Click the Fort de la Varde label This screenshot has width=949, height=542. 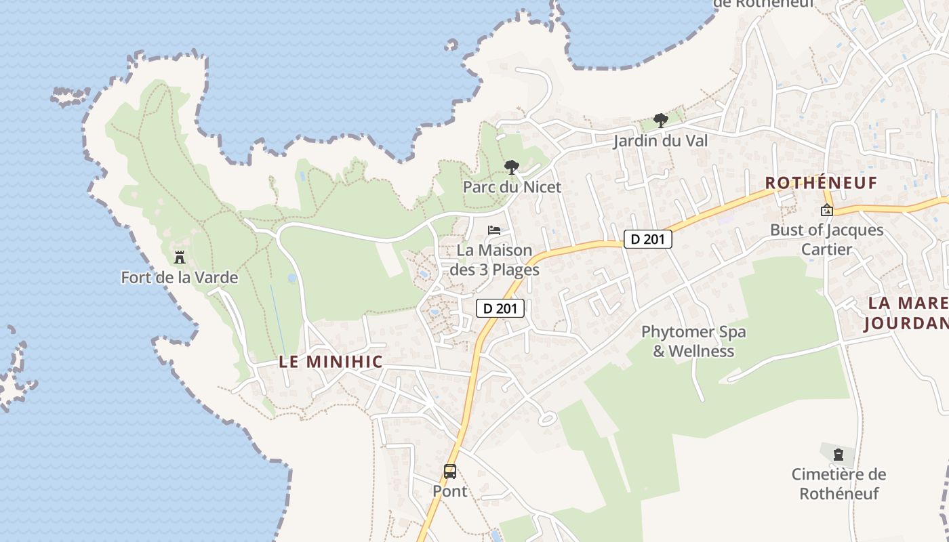(180, 277)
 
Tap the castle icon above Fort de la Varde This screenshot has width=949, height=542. (180, 257)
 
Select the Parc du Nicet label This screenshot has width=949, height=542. (512, 186)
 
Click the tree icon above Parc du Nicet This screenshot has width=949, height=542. (512, 167)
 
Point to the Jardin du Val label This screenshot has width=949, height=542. (660, 141)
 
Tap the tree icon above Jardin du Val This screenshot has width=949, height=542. (660, 121)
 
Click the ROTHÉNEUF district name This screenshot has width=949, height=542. (821, 183)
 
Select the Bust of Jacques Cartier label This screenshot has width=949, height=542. (826, 239)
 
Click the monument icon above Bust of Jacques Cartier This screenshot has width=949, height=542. (826, 210)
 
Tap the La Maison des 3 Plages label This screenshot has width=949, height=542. (494, 259)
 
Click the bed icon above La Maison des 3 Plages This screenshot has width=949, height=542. (494, 230)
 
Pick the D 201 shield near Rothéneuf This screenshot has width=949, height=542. (647, 239)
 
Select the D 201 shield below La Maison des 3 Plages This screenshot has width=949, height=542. (500, 308)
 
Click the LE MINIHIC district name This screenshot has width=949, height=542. (331, 362)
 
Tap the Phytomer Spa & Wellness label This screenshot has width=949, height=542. (693, 341)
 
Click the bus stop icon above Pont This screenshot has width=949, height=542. (450, 472)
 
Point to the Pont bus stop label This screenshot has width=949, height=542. (450, 491)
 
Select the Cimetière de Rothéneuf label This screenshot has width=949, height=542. (839, 483)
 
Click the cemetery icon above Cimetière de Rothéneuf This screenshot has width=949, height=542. (839, 454)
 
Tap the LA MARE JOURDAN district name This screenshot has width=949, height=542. (906, 313)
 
